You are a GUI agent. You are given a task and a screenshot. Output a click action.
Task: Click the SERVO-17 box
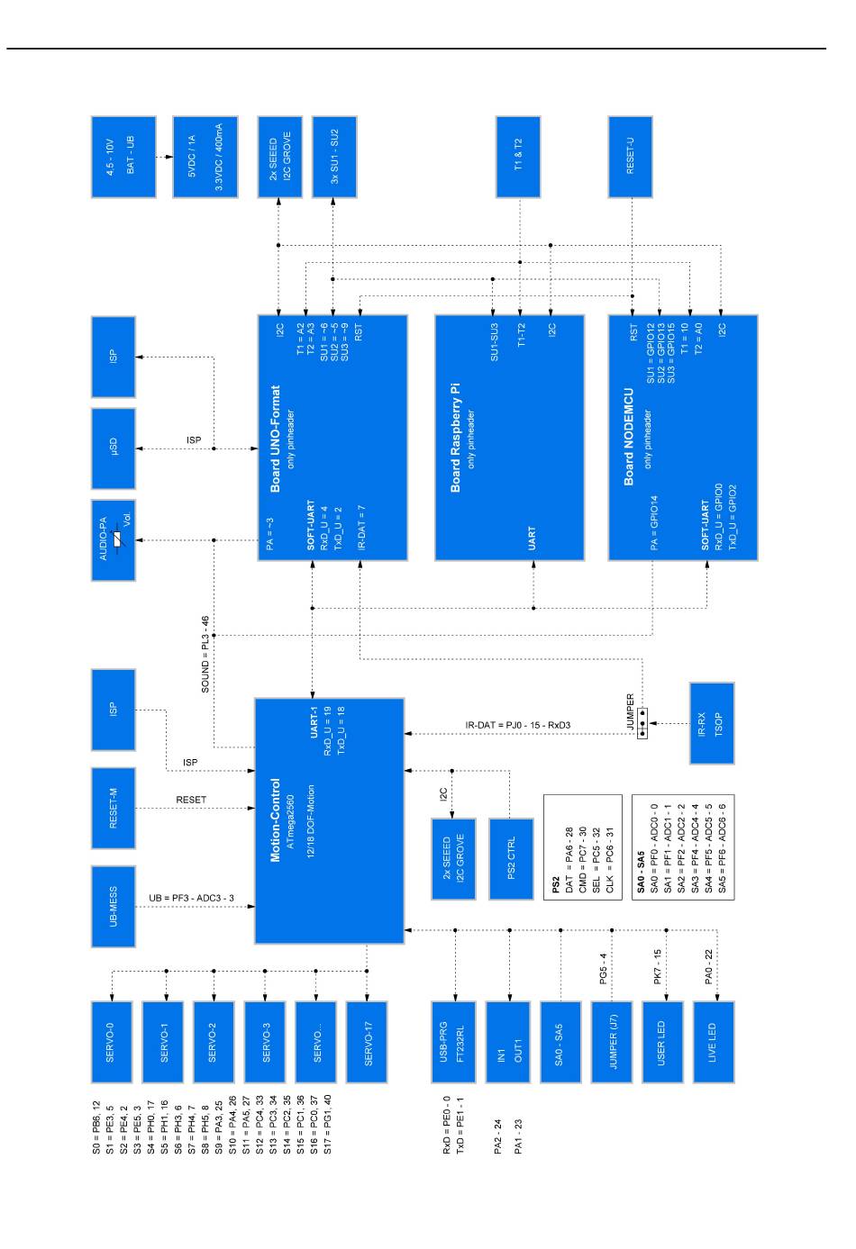(x=367, y=1042)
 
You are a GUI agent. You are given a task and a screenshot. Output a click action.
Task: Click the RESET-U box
(x=630, y=157)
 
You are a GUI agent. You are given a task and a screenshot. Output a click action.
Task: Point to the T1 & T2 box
(x=518, y=157)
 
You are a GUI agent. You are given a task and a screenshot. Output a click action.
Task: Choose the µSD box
(x=114, y=448)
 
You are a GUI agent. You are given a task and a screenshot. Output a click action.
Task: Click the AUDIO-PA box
(x=114, y=540)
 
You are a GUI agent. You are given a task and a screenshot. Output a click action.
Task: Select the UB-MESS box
(x=114, y=906)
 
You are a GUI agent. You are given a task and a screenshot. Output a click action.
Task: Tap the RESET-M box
(x=114, y=808)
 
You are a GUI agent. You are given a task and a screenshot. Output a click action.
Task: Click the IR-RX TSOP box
(x=712, y=723)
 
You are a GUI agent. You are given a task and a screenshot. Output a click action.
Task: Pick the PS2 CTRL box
(x=511, y=858)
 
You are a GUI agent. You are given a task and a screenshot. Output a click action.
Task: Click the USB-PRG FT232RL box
(x=453, y=1042)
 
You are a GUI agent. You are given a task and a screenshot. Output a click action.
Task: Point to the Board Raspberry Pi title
(x=455, y=438)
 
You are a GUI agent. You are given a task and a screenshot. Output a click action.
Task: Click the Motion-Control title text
(x=276, y=819)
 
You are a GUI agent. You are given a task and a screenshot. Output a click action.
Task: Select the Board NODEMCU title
(x=629, y=438)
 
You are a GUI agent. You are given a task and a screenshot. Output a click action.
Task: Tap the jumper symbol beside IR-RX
(x=642, y=723)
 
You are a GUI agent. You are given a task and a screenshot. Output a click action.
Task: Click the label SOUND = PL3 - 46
(x=205, y=655)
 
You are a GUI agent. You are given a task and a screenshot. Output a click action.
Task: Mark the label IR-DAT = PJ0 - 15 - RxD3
(x=518, y=725)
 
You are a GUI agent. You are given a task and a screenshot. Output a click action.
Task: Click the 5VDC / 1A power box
(x=205, y=157)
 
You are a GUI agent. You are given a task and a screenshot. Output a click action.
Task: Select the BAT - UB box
(x=123, y=157)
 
